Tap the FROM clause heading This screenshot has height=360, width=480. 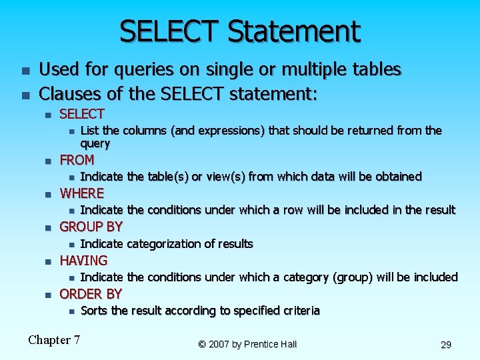point(77,160)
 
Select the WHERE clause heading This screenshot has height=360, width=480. point(82,193)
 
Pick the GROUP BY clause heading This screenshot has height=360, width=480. point(91,227)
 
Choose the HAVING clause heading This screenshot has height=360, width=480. point(83,260)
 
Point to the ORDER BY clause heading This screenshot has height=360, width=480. point(91,293)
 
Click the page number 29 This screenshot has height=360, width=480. point(446,345)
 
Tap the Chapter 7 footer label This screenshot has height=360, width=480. point(54,340)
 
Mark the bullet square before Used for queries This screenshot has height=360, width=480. point(25,70)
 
